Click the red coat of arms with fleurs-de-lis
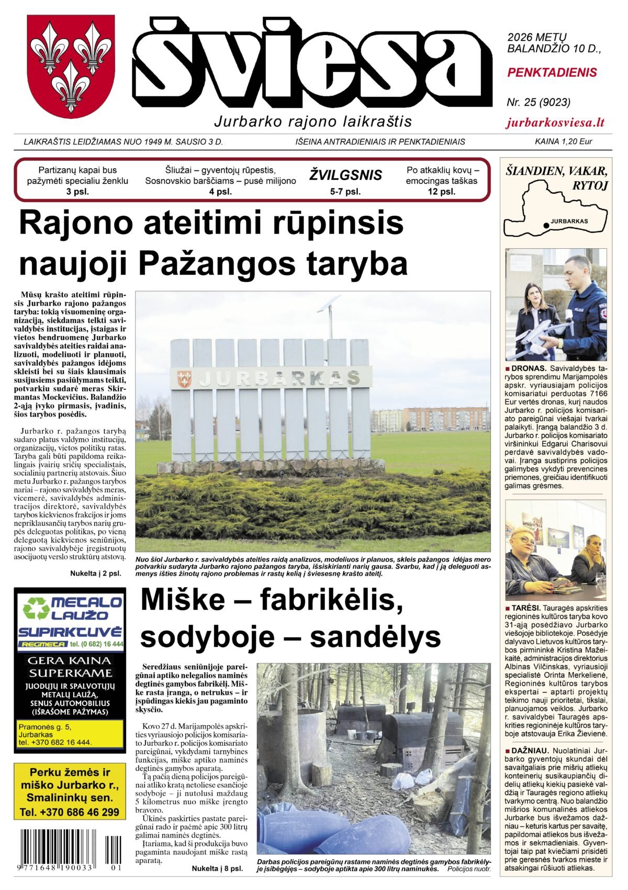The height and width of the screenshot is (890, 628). (71, 66)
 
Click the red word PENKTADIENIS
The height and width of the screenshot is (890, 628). (552, 73)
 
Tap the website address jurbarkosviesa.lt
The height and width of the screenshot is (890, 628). (555, 123)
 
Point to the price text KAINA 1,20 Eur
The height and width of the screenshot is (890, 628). (563, 141)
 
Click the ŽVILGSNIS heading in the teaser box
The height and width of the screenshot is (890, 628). (345, 175)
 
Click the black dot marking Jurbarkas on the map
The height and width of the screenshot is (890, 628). (546, 225)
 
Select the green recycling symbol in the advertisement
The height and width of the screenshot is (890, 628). (35, 609)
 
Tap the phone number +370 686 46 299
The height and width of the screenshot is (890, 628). (70, 812)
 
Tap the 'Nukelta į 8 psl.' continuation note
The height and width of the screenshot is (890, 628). (217, 869)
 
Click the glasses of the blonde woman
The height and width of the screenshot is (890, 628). (526, 540)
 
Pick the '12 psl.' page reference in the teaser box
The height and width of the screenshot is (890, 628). (442, 192)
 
